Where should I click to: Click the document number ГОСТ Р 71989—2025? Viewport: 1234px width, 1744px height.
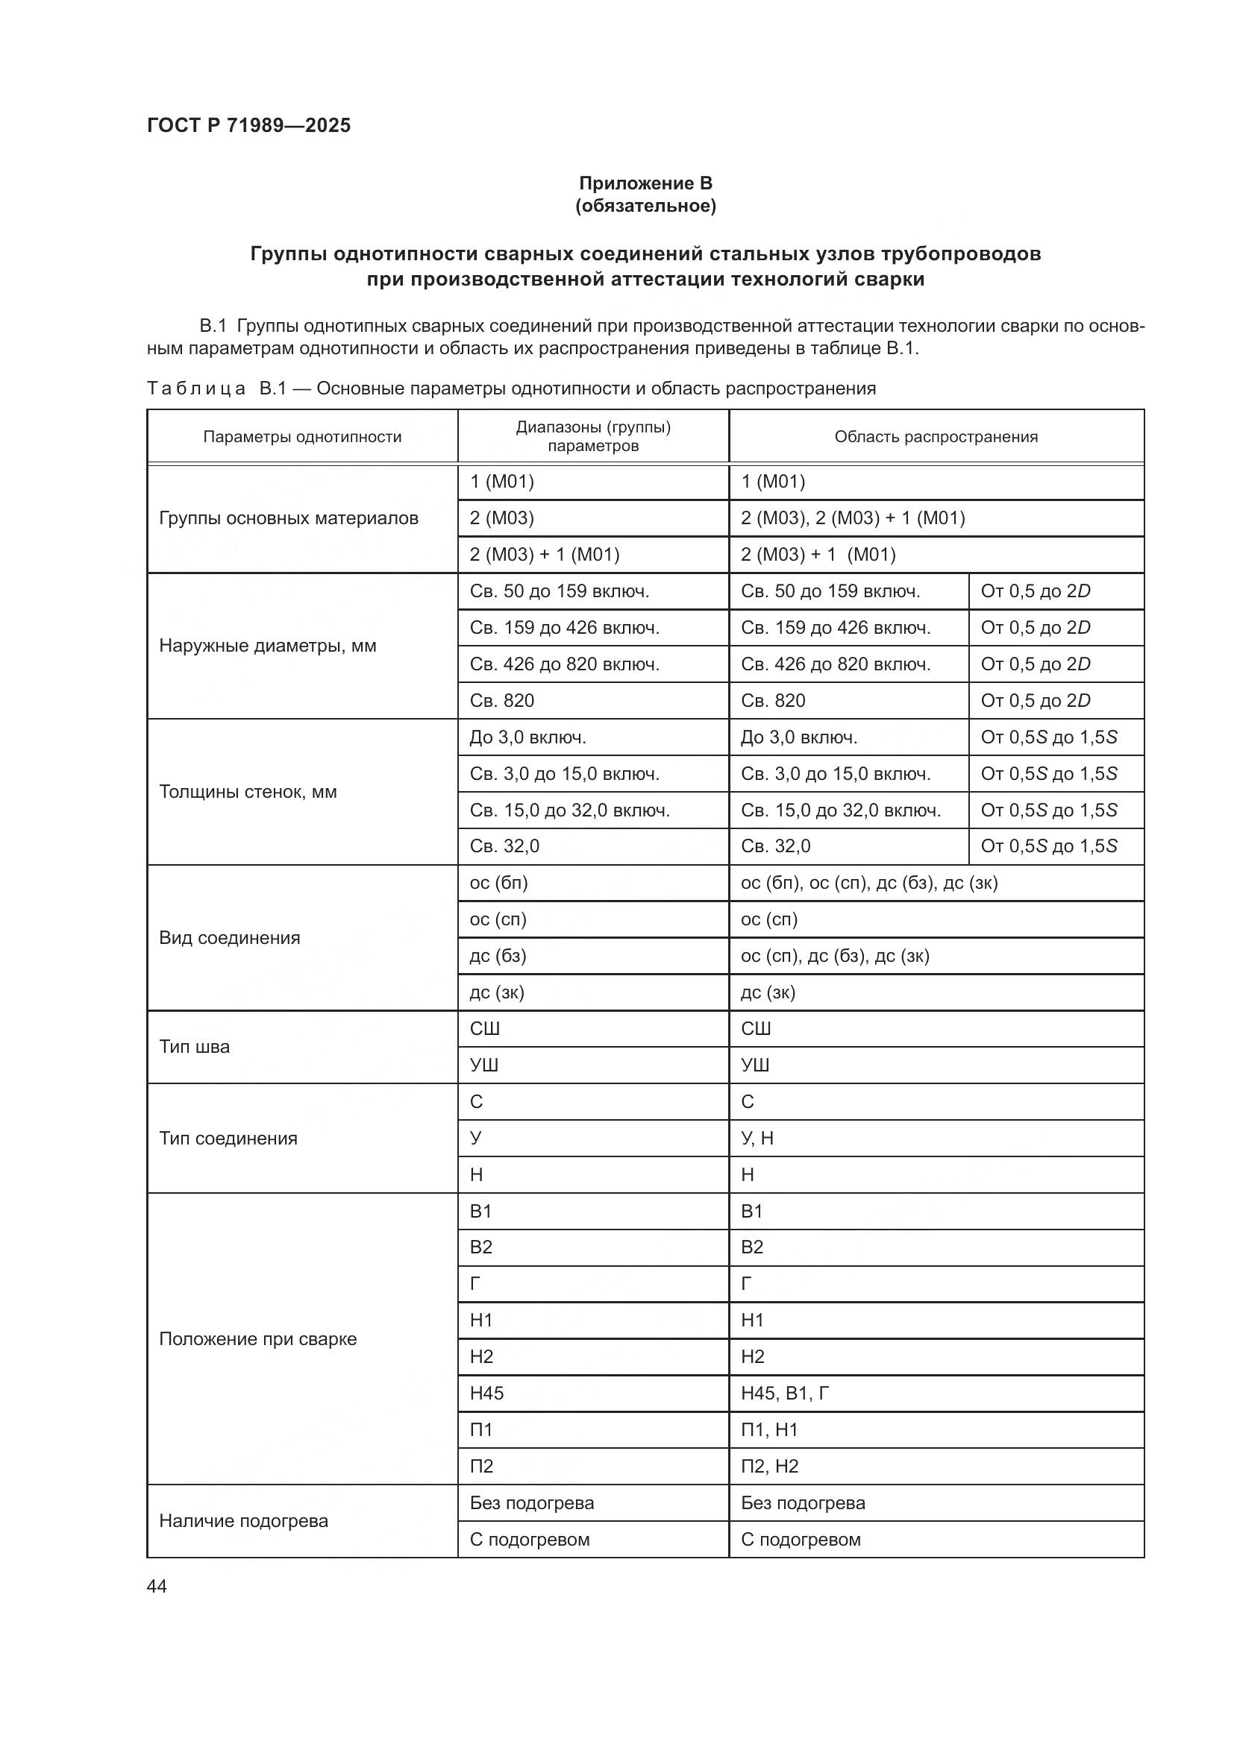click(x=249, y=125)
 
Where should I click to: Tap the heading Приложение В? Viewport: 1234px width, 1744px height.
click(x=645, y=183)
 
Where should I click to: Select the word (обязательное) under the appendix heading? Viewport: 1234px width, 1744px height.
click(x=645, y=206)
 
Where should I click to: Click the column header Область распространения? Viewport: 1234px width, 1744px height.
click(x=936, y=437)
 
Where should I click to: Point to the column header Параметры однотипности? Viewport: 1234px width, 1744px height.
click(x=301, y=437)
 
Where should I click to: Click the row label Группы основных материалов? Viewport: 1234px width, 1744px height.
click(x=288, y=518)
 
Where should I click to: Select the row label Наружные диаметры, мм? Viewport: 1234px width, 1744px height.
click(x=268, y=646)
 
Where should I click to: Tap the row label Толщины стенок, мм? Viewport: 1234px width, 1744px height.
click(x=248, y=792)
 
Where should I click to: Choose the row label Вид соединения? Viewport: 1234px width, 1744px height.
click(x=230, y=937)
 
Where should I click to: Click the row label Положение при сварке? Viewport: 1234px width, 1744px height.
click(x=257, y=1338)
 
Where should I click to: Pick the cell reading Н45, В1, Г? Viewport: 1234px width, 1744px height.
click(x=785, y=1393)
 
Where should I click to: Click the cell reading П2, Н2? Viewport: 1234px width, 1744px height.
click(x=769, y=1466)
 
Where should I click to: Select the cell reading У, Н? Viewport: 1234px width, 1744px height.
click(x=757, y=1138)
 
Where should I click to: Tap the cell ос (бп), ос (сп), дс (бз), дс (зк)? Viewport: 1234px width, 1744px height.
click(x=868, y=883)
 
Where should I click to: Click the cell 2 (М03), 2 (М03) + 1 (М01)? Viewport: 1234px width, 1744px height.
click(x=853, y=518)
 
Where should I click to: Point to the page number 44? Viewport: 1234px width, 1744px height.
click(x=157, y=1586)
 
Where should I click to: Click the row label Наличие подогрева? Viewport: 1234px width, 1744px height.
click(x=243, y=1520)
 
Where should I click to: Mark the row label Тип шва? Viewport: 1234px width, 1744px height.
click(x=195, y=1047)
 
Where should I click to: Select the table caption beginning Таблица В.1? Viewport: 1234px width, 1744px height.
click(x=510, y=389)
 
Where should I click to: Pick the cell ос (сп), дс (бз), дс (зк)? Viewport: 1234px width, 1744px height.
click(x=834, y=956)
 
